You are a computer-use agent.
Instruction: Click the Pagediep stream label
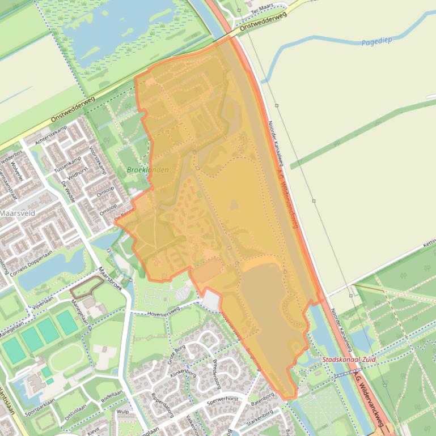pyautogui.click(x=376, y=41)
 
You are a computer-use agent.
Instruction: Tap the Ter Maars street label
pyautogui.click(x=263, y=6)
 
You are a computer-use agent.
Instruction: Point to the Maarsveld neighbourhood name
pyautogui.click(x=17, y=213)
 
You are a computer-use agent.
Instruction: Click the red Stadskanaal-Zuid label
pyautogui.click(x=349, y=360)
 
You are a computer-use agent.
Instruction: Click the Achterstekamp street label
pyautogui.click(x=50, y=135)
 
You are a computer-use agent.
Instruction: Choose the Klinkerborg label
pyautogui.click(x=183, y=369)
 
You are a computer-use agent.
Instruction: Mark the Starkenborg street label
pyautogui.click(x=260, y=418)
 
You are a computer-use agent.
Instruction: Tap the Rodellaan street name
pyautogui.click(x=112, y=396)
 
